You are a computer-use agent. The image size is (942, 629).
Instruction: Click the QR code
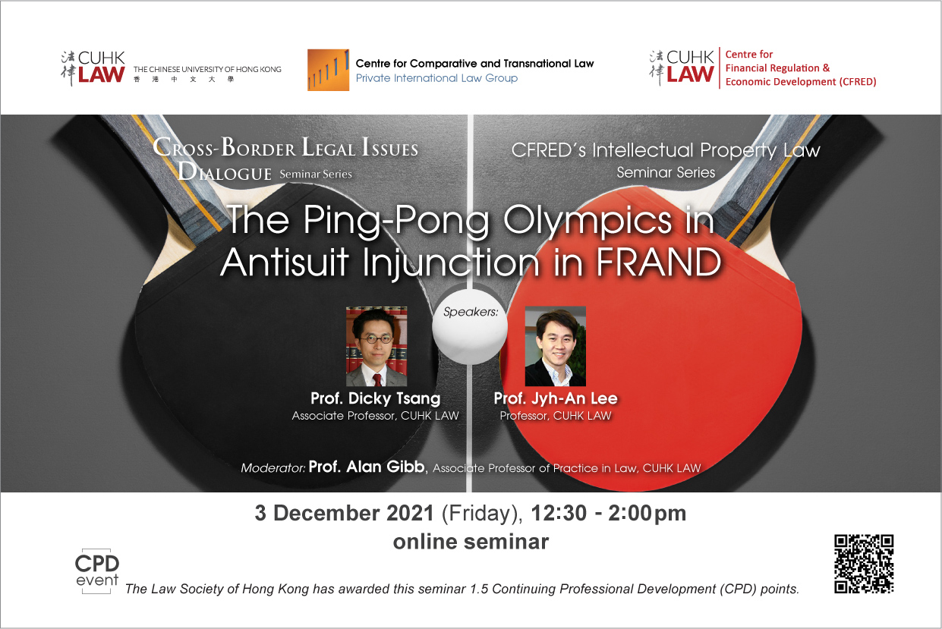[864, 564]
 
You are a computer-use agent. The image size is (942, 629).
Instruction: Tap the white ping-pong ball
[470, 327]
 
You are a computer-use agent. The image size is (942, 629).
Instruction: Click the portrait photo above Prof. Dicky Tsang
[376, 346]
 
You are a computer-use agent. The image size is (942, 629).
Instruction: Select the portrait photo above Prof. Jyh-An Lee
[555, 346]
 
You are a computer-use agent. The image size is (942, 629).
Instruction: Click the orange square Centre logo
[328, 70]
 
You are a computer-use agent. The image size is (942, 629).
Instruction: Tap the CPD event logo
[97, 571]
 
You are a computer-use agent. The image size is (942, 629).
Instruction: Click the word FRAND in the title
[659, 262]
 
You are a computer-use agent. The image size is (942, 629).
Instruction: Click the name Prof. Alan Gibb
[367, 467]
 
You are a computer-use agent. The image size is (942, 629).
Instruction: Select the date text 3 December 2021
[344, 513]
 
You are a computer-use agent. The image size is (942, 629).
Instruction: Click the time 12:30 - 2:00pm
[609, 514]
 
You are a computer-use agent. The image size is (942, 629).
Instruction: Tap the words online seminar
[471, 542]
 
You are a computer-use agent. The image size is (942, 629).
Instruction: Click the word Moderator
[273, 468]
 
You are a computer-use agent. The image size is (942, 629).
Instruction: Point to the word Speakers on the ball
[471, 312]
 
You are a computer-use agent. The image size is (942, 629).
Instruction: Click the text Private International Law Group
[436, 78]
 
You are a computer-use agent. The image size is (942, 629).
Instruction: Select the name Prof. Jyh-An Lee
[556, 398]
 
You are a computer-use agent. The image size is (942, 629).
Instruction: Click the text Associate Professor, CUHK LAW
[375, 416]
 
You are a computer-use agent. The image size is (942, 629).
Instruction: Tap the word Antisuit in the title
[285, 262]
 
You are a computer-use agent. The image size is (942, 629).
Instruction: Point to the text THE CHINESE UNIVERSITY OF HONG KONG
[207, 69]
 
